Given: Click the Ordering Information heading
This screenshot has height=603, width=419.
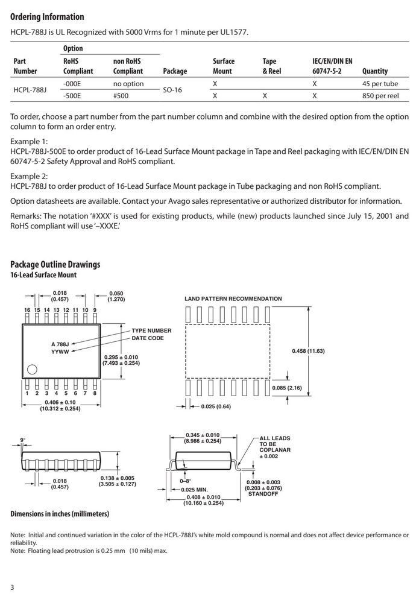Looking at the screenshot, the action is [x=47, y=17].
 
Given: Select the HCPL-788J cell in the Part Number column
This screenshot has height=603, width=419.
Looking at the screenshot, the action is [x=30, y=90].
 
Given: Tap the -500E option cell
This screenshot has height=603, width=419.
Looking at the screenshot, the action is [x=72, y=96].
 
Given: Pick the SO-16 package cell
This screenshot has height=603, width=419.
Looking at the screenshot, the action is [x=172, y=90].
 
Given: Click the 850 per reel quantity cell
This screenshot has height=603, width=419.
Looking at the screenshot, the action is [x=380, y=96].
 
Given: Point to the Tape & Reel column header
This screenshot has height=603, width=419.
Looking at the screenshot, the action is [x=272, y=66].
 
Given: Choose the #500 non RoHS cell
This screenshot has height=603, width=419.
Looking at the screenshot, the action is [x=121, y=96].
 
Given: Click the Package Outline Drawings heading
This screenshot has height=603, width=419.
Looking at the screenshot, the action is [x=55, y=265].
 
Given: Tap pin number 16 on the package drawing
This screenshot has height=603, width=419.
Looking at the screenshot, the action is [x=27, y=310].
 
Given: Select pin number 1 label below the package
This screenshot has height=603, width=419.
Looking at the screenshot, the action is [x=27, y=393].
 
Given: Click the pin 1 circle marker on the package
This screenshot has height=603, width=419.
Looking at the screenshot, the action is [x=33, y=370].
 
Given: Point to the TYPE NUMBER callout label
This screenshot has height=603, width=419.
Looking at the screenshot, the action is [x=151, y=330].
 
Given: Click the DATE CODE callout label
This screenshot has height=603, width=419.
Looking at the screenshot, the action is [x=148, y=338].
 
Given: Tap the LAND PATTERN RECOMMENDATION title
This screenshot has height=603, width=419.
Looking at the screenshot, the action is [x=233, y=299].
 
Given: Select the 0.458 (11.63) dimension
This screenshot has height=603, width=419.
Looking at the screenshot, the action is [x=308, y=351].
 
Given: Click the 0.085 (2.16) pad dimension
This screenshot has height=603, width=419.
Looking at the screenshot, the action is [x=287, y=388].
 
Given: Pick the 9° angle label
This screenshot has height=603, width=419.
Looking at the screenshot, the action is [x=23, y=440].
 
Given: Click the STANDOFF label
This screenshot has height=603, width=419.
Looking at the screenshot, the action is [x=263, y=494].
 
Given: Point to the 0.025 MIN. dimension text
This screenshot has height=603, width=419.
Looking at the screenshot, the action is [x=195, y=490].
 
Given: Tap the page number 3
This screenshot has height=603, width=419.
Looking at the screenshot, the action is [x=12, y=587].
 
